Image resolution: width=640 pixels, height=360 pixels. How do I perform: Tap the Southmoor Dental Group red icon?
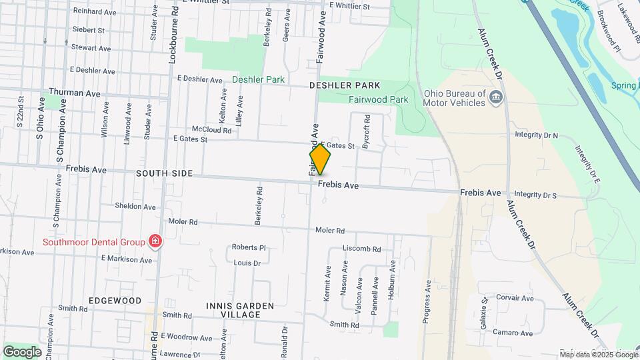click(x=155, y=241)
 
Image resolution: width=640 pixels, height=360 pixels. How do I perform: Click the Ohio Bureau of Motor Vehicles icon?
click(x=495, y=99)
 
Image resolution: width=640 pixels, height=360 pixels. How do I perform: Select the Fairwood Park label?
click(x=378, y=99)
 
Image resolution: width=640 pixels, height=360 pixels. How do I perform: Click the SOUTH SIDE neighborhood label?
click(x=164, y=173)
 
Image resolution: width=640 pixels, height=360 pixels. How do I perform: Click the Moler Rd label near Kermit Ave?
click(x=329, y=231)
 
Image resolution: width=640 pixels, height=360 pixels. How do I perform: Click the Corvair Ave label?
click(x=514, y=298)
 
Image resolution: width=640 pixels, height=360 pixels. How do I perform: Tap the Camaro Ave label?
click(x=512, y=333)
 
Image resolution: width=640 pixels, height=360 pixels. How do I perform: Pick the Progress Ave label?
click(x=427, y=301)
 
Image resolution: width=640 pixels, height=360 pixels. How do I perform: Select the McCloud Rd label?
click(x=211, y=130)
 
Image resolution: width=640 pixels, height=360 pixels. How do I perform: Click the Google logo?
click(x=22, y=351)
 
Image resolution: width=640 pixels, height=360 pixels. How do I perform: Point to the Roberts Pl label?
click(x=249, y=247)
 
